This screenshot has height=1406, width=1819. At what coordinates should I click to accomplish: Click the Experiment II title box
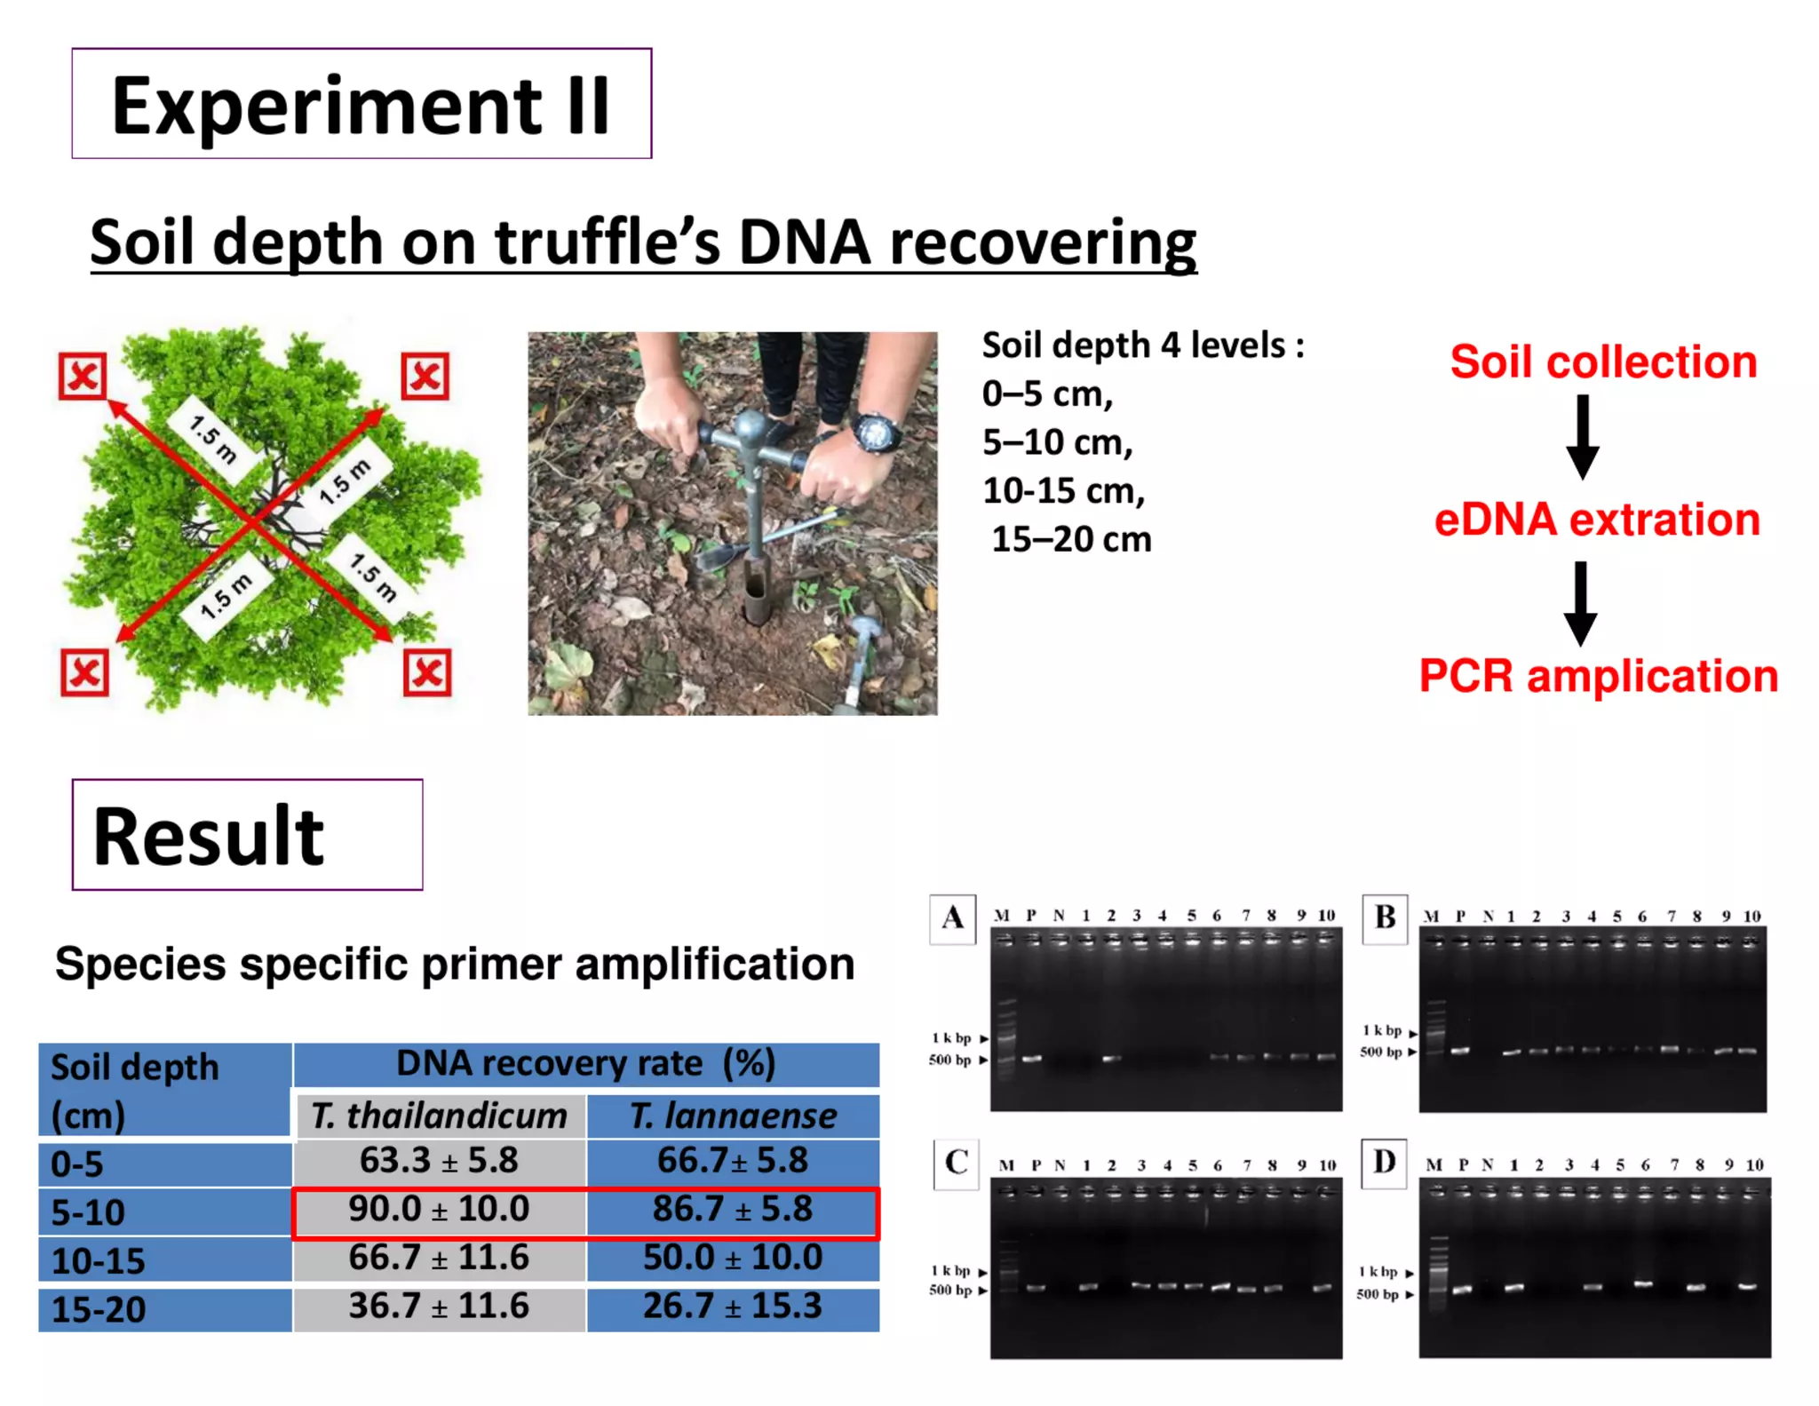[x=361, y=104]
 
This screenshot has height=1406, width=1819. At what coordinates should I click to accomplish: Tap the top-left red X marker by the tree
[x=83, y=376]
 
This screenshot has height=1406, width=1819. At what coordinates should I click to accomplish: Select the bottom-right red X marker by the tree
[x=427, y=672]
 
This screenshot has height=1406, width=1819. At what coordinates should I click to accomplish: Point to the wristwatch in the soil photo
[x=876, y=433]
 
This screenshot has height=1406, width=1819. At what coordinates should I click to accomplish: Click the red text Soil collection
[x=1603, y=362]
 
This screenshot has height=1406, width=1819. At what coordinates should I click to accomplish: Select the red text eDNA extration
[x=1597, y=520]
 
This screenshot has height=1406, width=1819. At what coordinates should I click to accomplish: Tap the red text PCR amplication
[x=1599, y=676]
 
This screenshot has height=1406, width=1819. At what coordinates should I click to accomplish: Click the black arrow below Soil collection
[x=1582, y=437]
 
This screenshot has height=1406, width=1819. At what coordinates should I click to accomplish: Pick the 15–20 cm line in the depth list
[x=1070, y=539]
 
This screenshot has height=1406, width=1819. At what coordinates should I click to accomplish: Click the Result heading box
[x=247, y=835]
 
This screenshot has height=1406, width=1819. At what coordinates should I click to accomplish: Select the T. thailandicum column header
[x=439, y=1116]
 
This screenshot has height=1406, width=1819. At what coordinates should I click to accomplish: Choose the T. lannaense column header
[x=733, y=1116]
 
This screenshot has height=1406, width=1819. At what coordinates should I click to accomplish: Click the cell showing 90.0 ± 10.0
[x=439, y=1210]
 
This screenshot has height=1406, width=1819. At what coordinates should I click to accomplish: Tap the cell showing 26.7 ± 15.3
[x=733, y=1307]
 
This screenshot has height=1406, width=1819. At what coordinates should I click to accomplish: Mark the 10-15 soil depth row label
[x=99, y=1260]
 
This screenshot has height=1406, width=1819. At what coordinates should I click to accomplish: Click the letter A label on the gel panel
[x=953, y=918]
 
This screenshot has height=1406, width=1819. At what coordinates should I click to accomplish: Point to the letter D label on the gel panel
[x=1384, y=1162]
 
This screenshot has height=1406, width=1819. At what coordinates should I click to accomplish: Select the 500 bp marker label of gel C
[x=950, y=1290]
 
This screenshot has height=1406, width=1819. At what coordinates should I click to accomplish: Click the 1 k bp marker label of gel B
[x=1382, y=1030]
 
